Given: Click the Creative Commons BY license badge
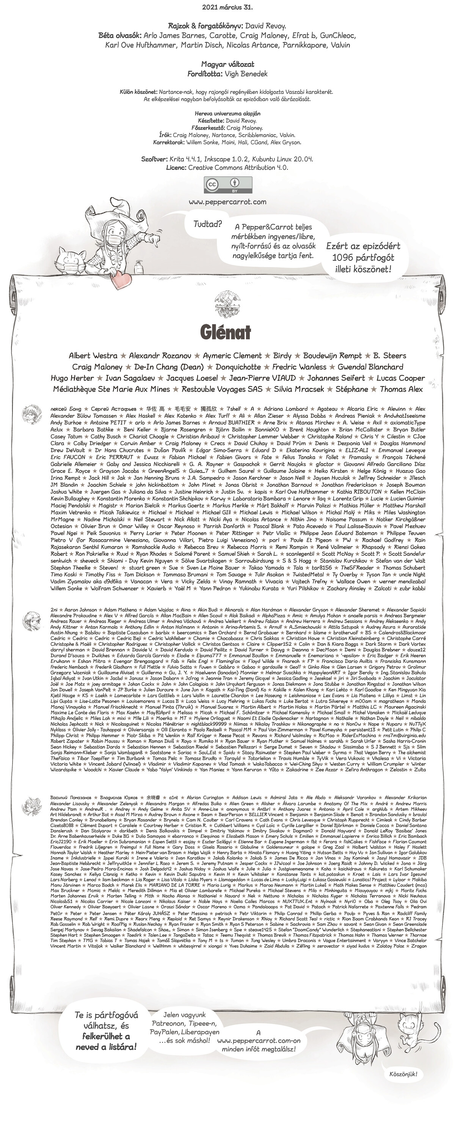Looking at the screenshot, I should [x=228, y=185].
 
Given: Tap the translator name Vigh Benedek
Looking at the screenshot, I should [x=246, y=74].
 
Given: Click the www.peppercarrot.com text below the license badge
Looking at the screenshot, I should [x=228, y=202].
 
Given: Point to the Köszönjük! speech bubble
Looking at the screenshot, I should [x=403, y=1074].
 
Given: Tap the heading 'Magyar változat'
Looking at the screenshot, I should [x=227, y=64].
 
